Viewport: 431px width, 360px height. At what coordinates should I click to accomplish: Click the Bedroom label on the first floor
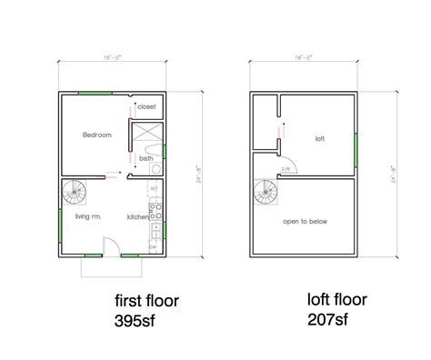click(x=97, y=135)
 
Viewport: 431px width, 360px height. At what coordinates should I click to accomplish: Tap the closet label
click(x=147, y=107)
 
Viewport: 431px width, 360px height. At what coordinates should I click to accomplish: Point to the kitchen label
click(x=137, y=216)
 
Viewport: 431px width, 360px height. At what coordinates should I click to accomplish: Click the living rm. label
click(x=88, y=216)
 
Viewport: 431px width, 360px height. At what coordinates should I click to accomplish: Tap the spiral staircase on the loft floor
click(x=266, y=194)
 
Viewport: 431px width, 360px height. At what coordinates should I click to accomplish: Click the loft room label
click(x=320, y=139)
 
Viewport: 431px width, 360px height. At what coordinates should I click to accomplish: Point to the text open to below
click(x=305, y=220)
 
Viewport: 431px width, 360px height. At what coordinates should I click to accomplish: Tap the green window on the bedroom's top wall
click(x=95, y=92)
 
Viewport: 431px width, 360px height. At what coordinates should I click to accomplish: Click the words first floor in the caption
click(x=147, y=301)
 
